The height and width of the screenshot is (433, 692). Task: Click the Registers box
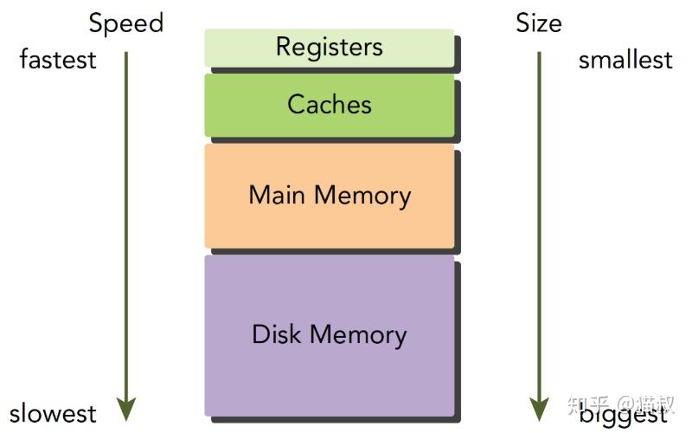[x=330, y=48]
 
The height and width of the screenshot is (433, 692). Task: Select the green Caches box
[x=330, y=105]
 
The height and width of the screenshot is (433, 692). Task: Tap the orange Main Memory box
[x=330, y=196]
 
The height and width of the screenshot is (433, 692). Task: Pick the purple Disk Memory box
[x=330, y=335]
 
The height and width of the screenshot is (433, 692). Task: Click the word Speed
[x=126, y=23]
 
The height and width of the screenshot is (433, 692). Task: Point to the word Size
[x=539, y=23]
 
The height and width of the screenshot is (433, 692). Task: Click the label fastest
[x=58, y=60]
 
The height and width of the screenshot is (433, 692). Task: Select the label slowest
[x=54, y=413]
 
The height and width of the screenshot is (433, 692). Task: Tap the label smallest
[x=625, y=60]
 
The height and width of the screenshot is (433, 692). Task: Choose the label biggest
[x=624, y=413]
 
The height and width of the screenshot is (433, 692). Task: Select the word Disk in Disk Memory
[x=278, y=334]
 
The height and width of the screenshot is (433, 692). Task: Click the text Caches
[x=330, y=105]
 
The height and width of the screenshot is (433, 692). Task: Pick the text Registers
[x=330, y=47]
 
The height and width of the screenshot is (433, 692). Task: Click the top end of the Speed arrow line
[x=126, y=54]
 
